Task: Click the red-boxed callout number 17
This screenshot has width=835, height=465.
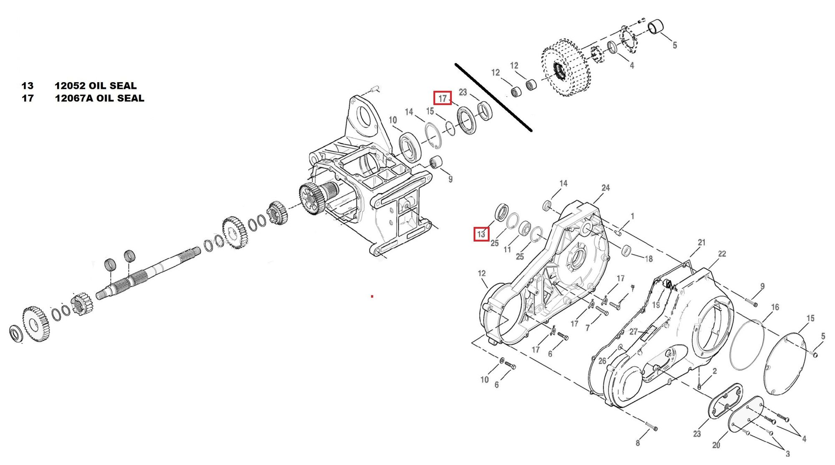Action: click(x=443, y=98)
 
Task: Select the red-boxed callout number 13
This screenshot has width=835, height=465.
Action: click(x=481, y=234)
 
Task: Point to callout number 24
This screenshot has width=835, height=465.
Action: click(x=605, y=188)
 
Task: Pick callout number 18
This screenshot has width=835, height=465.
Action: click(x=648, y=259)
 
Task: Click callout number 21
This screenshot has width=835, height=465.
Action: click(x=701, y=242)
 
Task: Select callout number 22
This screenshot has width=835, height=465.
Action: click(x=722, y=254)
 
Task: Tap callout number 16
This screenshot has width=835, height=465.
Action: click(x=775, y=307)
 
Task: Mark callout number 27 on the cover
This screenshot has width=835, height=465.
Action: click(x=633, y=331)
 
